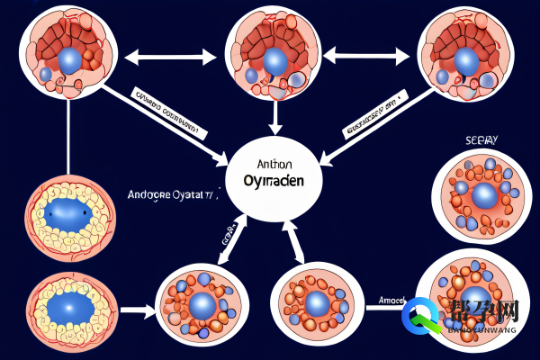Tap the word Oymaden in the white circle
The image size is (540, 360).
(x=273, y=180)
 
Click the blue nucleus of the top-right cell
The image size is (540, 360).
(x=466, y=60)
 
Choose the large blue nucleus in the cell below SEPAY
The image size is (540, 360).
(x=484, y=195)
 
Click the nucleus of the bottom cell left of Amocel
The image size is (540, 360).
(x=316, y=303)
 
